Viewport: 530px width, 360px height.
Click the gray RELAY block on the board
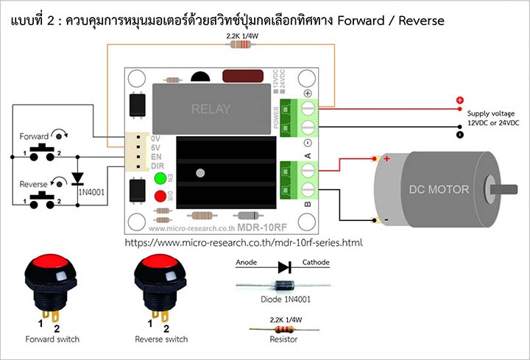coord(211,108)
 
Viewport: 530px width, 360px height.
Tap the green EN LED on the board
coord(159,178)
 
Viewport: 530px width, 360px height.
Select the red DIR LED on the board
coord(159,196)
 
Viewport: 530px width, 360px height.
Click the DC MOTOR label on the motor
coord(439,189)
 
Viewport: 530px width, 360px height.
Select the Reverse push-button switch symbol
coord(42,200)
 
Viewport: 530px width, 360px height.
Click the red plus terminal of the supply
coord(460,100)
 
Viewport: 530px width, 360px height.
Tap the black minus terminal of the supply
coord(460,135)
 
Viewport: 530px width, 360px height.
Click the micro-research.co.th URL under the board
coord(244,241)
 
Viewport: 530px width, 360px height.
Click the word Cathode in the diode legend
coord(316,262)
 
